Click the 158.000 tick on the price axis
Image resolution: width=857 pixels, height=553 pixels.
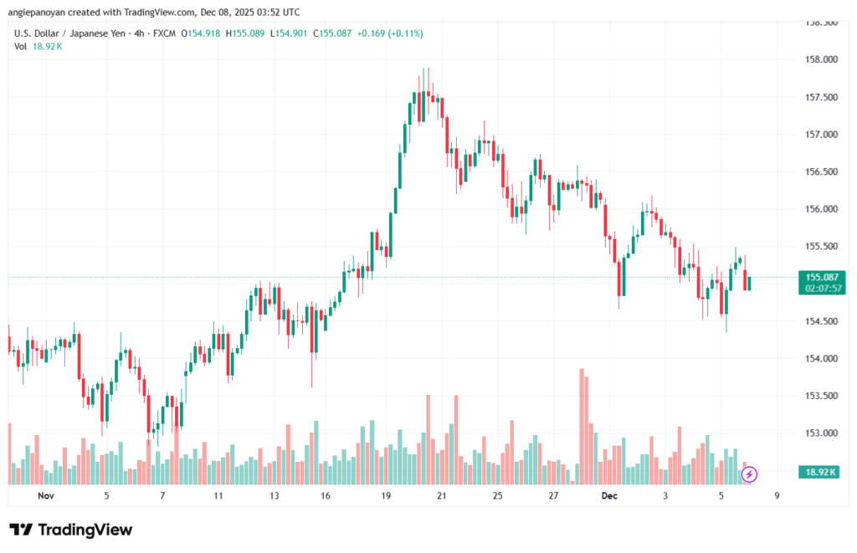tap(819, 60)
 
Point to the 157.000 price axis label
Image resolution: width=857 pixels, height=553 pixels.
tap(819, 135)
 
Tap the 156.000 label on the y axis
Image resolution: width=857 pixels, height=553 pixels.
tap(819, 209)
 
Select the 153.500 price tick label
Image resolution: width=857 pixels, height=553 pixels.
tap(819, 396)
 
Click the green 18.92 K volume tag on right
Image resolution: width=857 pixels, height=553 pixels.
tap(820, 473)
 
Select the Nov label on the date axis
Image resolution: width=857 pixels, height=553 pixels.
tap(46, 495)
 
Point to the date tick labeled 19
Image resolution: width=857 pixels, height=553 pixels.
tap(386, 495)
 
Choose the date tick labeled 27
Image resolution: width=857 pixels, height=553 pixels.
tap(553, 495)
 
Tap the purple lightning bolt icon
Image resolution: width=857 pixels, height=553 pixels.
tap(749, 474)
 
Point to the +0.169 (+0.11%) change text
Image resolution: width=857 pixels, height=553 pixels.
tap(390, 33)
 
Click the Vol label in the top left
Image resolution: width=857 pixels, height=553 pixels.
tap(21, 46)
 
